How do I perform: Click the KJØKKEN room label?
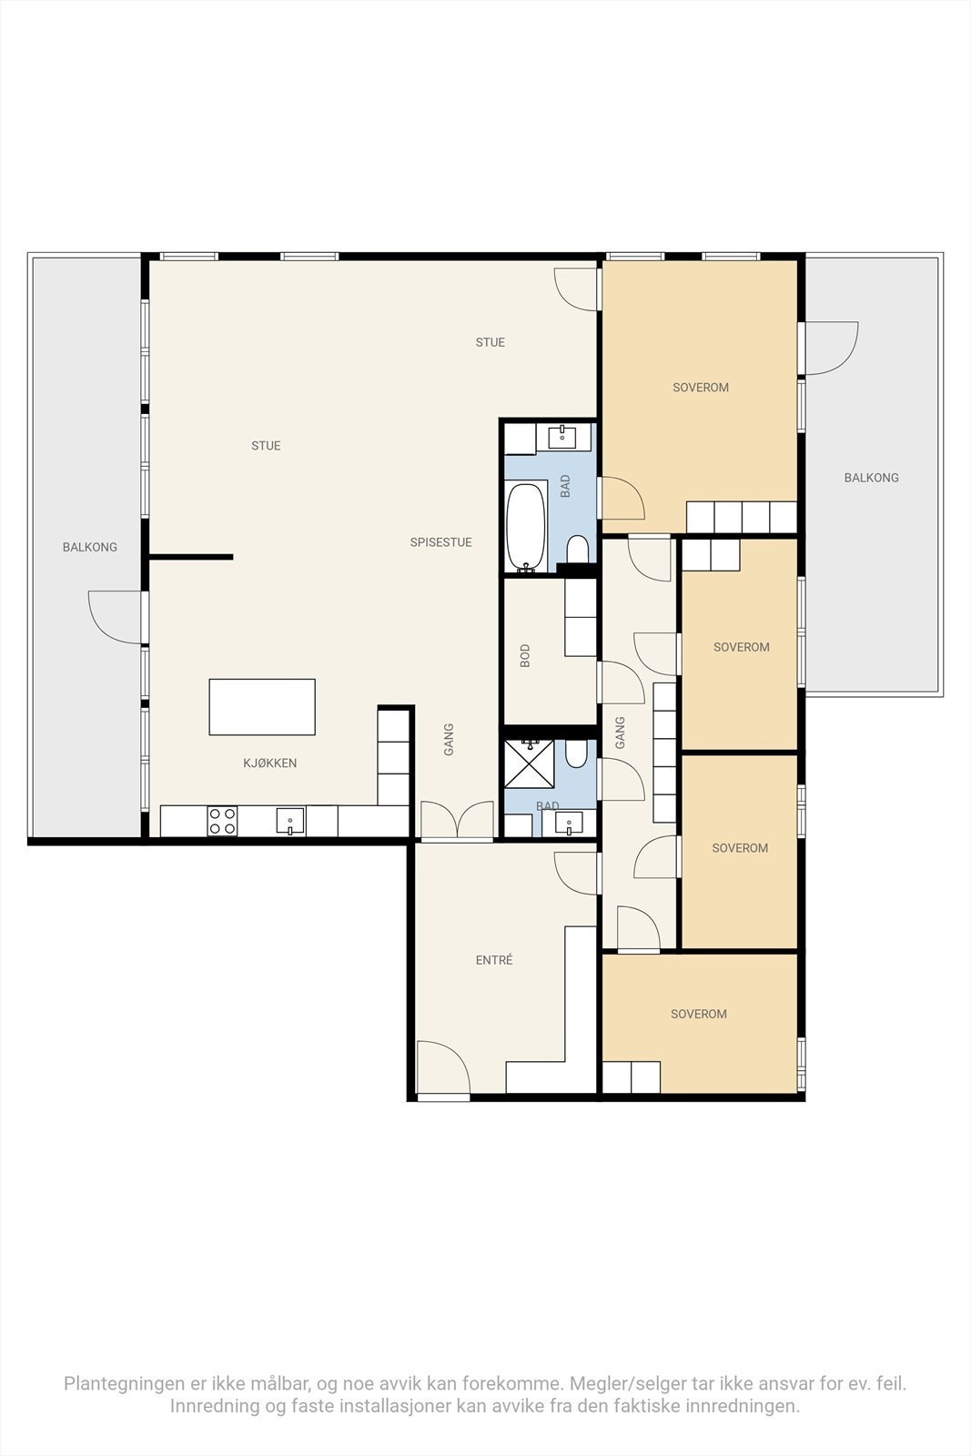pyautogui.click(x=269, y=763)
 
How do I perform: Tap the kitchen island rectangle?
pyautogui.click(x=262, y=707)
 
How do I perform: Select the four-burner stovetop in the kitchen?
pyautogui.click(x=223, y=821)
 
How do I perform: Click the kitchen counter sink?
pyautogui.click(x=290, y=822)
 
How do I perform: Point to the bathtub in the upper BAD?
pyautogui.click(x=526, y=527)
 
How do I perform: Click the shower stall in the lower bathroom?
pyautogui.click(x=529, y=763)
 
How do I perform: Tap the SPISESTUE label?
pyautogui.click(x=440, y=542)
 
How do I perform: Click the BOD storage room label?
pyautogui.click(x=525, y=656)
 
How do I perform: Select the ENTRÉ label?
pyautogui.click(x=494, y=960)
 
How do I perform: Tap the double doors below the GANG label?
pyautogui.click(x=458, y=822)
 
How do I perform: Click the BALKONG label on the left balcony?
pyautogui.click(x=89, y=547)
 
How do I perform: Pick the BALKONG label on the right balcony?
pyautogui.click(x=871, y=478)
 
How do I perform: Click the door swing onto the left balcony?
pyautogui.click(x=116, y=616)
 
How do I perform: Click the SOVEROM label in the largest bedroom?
pyautogui.click(x=700, y=388)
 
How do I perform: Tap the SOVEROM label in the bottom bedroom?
pyautogui.click(x=698, y=1014)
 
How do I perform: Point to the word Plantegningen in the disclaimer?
pyautogui.click(x=123, y=1383)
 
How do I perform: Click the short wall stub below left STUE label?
pyautogui.click(x=191, y=557)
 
